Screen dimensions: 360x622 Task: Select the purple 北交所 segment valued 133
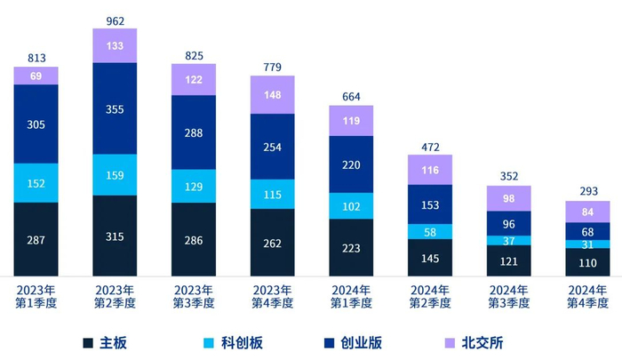(115, 45)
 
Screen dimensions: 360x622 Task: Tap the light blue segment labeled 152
(36, 183)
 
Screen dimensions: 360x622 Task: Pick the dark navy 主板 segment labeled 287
(36, 239)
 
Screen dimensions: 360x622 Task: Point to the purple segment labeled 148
(272, 94)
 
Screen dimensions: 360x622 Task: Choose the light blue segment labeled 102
(351, 205)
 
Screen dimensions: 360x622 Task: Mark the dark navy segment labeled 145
(430, 258)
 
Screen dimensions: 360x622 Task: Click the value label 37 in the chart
(508, 241)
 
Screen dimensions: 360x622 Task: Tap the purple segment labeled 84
(587, 212)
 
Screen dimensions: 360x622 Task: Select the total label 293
(587, 190)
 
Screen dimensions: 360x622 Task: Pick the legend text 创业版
(364, 342)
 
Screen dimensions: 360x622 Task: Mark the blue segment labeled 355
(115, 108)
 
